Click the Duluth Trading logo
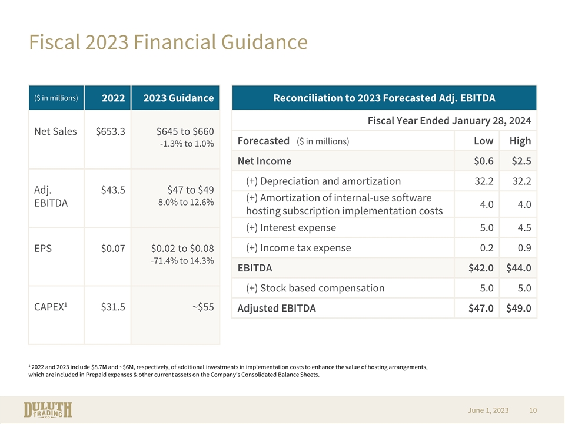point(48,410)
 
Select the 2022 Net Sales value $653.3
point(110,131)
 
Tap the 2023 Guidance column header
point(178,98)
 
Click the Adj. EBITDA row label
point(51,197)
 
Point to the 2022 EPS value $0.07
point(113,249)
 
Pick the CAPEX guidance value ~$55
point(203,307)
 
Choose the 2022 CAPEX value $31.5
point(113,307)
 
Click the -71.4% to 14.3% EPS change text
point(182,261)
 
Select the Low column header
point(484,141)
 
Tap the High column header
point(520,141)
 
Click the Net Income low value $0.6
point(484,161)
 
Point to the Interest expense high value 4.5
point(524,228)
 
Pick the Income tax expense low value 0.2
point(487,248)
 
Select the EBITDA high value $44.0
point(519,269)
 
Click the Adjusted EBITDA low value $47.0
point(481,308)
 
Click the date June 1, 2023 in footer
point(488,410)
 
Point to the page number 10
point(533,410)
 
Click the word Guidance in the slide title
point(264,42)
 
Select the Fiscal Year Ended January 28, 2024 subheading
point(449,121)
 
